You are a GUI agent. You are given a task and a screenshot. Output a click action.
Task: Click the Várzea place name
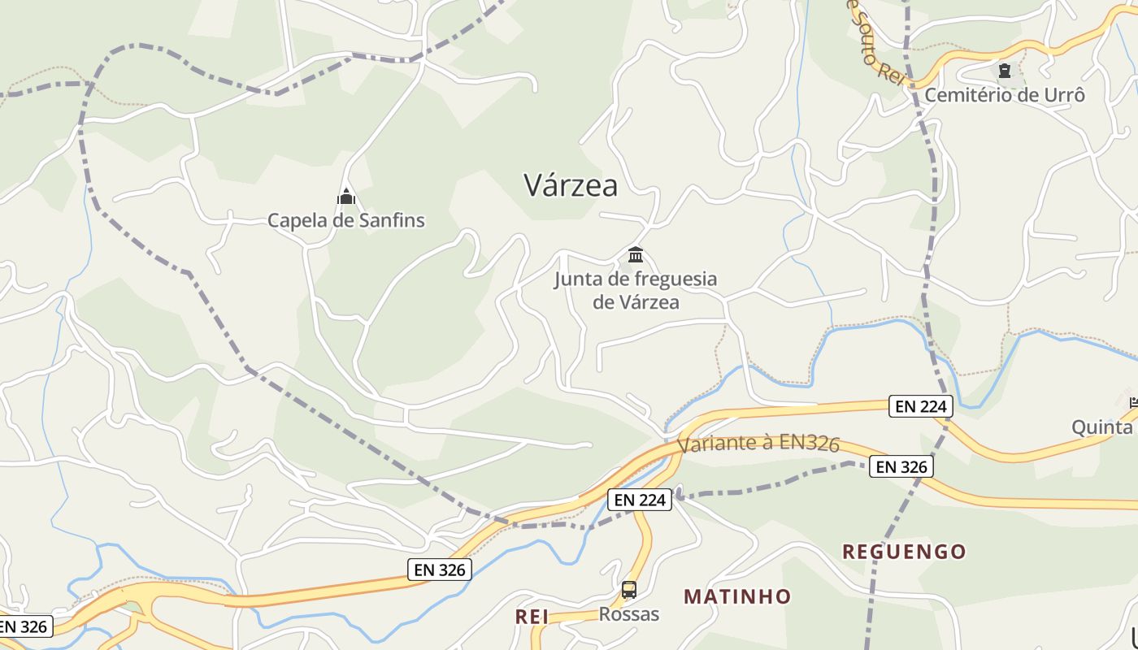click(571, 185)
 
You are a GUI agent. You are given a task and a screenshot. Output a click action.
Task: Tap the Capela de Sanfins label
click(346, 220)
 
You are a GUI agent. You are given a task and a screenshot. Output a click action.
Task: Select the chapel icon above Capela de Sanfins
click(346, 197)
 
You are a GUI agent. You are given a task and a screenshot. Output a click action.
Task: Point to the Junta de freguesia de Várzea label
click(636, 290)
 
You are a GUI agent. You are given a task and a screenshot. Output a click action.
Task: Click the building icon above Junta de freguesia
click(636, 255)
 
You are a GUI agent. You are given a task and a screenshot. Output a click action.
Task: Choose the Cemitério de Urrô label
click(1005, 95)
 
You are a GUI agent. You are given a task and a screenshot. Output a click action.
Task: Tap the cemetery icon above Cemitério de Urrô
click(1005, 71)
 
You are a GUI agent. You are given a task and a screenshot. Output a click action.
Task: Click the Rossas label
click(629, 614)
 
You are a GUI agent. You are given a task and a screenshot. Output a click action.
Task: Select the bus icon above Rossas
click(629, 590)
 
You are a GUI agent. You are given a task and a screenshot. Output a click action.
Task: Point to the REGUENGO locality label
click(904, 552)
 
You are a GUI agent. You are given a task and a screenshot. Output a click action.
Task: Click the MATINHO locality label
click(737, 596)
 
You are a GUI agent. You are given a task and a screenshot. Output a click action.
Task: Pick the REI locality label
click(532, 617)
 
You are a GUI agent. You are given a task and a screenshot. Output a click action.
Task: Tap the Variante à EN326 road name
click(758, 444)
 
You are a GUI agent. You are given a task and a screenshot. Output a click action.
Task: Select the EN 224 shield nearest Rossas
click(641, 500)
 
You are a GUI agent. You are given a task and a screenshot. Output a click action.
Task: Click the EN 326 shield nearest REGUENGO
click(901, 466)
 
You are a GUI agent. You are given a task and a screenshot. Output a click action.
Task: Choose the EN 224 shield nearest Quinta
click(920, 405)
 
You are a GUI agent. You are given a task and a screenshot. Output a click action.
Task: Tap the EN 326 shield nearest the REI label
click(440, 570)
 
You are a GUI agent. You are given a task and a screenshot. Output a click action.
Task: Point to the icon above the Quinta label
click(1134, 401)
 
